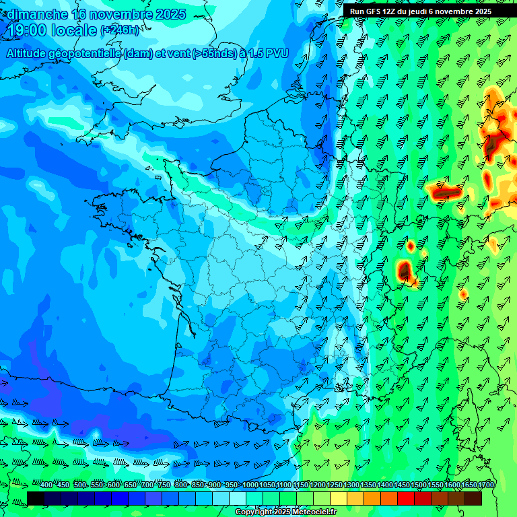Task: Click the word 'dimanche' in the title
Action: click(37, 14)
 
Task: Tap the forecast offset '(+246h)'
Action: click(119, 30)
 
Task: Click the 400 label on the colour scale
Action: click(46, 485)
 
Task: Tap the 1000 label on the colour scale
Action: click(250, 485)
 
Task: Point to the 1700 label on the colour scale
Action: click(487, 485)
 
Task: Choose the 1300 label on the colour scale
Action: click(351, 485)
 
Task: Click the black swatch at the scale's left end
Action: click(36, 498)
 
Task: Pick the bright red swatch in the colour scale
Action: click(406, 498)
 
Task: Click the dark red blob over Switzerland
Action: click(405, 271)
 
